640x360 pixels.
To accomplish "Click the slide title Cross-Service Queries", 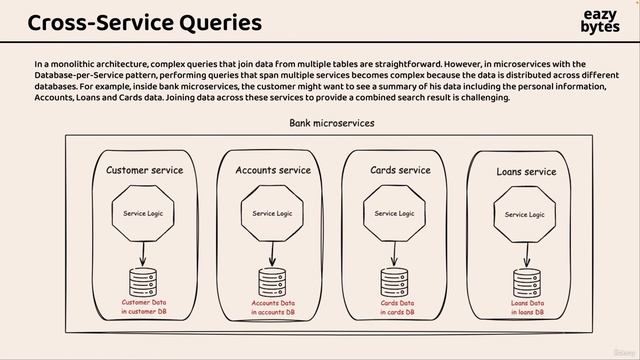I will tap(145, 22).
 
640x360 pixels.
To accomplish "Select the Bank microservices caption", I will tap(331, 123).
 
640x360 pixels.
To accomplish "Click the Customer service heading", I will tap(145, 170).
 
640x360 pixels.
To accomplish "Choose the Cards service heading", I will tap(400, 170).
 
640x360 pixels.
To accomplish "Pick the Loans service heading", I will tap(526, 172).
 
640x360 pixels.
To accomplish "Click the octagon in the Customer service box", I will tap(143, 213).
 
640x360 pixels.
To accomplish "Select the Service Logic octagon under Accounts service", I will tap(272, 213).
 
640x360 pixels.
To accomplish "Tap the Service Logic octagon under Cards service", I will tap(394, 213).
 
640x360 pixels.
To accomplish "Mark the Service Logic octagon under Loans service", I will tap(524, 214).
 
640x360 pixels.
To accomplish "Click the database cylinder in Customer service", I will tap(143, 280).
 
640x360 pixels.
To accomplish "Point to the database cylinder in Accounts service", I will tap(272, 280).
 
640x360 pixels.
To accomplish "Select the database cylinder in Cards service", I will tap(394, 280).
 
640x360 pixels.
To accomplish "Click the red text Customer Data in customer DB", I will tap(147, 307).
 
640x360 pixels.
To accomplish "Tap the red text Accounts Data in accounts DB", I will tap(273, 307).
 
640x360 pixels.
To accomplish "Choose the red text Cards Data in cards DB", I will tap(397, 307).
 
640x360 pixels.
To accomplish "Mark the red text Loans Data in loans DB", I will tap(527, 307).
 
